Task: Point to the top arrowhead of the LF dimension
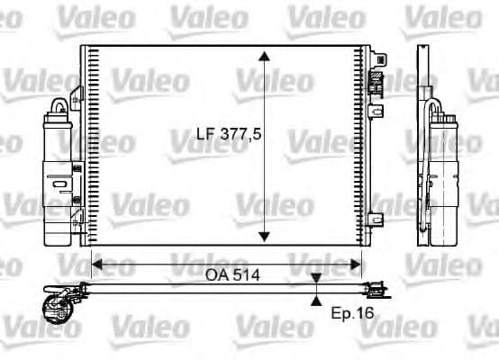[263, 57]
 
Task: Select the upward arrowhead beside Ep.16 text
[316, 301]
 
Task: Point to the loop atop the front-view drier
[59, 105]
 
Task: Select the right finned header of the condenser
[366, 144]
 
